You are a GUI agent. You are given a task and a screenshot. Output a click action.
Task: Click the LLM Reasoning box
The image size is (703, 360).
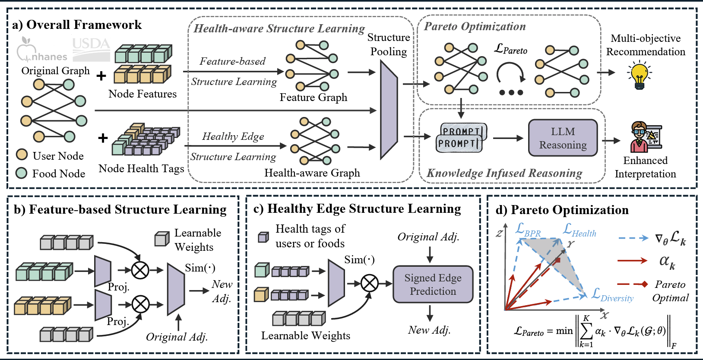coord(563,138)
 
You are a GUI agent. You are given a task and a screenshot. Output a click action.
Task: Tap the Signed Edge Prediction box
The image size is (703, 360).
coord(433,284)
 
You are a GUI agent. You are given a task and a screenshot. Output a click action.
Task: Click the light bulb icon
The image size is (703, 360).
coord(639,75)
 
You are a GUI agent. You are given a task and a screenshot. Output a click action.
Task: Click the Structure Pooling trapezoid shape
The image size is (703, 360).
coord(388,110)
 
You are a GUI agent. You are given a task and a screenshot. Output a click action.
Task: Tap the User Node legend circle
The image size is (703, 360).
coord(22,155)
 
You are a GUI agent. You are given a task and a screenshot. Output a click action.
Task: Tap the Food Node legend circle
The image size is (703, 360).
coord(22,173)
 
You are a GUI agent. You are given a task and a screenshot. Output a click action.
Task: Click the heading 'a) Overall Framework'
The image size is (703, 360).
coord(77,25)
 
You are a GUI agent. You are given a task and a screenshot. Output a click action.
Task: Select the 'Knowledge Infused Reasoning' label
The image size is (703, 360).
coord(504,173)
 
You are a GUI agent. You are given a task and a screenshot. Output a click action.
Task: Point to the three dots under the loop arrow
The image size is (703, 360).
coord(511,92)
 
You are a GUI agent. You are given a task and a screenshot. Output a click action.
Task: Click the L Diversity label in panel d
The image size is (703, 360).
coord(612,295)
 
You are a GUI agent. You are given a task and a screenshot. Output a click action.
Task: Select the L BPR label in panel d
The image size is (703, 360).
coord(528,230)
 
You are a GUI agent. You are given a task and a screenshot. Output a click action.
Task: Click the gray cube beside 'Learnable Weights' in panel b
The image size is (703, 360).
coord(161,239)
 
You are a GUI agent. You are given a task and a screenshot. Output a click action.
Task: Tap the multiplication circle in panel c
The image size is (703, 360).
coord(369,284)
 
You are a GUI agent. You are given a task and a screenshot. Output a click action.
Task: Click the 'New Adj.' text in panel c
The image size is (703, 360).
coord(429,330)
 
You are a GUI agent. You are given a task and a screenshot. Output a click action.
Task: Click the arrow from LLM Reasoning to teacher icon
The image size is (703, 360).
coord(611,140)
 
